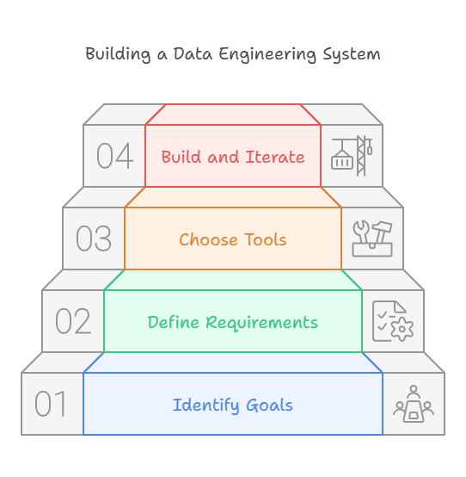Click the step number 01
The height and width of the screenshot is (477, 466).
51,404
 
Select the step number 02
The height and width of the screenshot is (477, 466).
73,321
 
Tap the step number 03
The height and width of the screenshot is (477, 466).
94,238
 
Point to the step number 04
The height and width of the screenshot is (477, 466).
115,156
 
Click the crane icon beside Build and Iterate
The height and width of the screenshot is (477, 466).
352,156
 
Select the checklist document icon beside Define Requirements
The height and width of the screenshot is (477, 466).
393,321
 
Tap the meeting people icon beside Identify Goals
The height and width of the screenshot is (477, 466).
414,404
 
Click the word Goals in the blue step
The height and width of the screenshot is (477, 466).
269,405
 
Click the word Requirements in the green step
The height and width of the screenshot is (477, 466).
261,323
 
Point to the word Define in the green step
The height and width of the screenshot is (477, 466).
173,322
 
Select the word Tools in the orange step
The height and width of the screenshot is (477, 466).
266,239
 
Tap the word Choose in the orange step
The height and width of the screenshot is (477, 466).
208,239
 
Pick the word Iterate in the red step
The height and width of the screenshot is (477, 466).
275,157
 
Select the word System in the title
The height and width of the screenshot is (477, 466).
352,55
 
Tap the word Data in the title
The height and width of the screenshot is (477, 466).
193,54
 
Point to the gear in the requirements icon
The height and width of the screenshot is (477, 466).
402,329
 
